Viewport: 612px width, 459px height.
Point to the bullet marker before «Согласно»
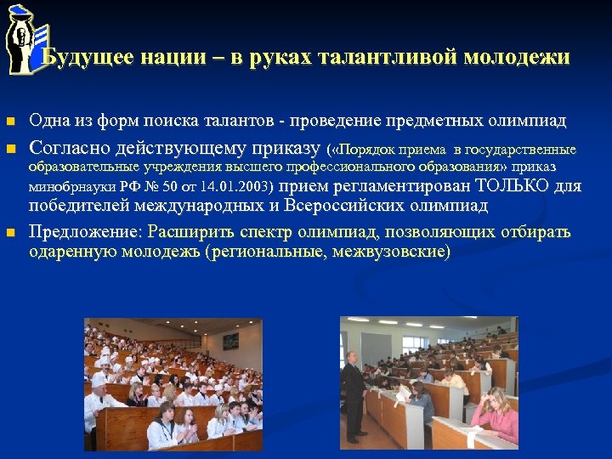click(9, 150)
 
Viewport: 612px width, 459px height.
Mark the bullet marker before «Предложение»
click(9, 232)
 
